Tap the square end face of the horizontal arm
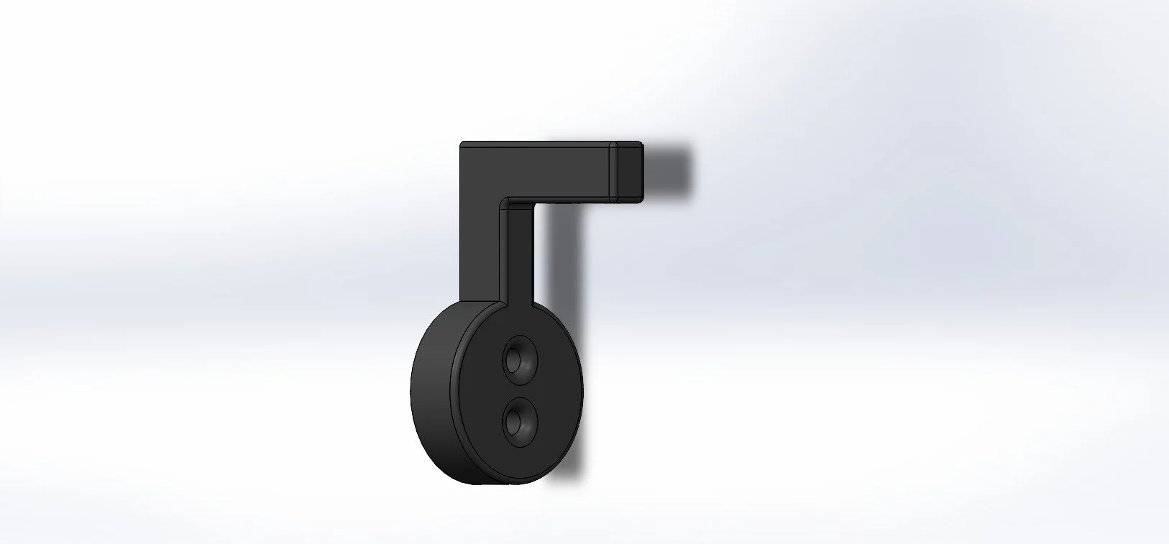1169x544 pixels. tap(628, 170)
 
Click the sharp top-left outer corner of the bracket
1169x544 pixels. tap(462, 144)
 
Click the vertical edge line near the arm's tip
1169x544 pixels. tap(612, 170)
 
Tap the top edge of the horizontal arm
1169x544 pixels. tap(546, 143)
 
